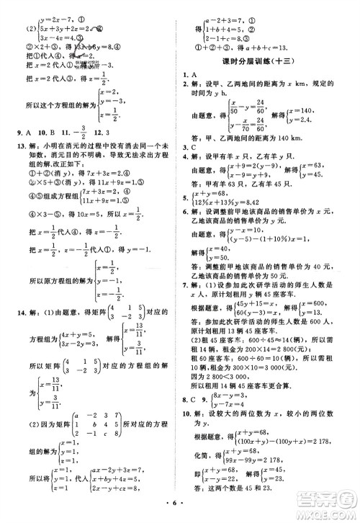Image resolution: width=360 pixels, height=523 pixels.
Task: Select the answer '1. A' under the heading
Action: click(x=190, y=74)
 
